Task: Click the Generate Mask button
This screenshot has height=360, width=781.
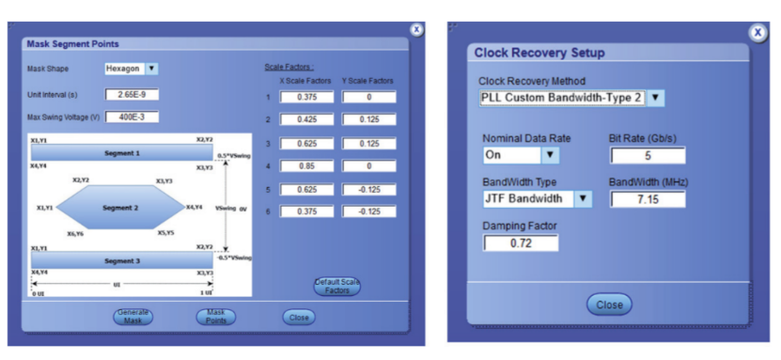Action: click(133, 317)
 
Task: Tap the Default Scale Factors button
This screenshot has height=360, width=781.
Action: click(337, 287)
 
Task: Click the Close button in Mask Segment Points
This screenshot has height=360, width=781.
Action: click(299, 317)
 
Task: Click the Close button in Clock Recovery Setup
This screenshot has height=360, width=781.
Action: click(609, 305)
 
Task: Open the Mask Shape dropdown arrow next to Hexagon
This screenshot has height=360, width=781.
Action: click(151, 69)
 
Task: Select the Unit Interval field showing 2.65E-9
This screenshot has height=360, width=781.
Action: click(132, 95)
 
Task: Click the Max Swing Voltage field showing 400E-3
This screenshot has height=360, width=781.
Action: click(132, 117)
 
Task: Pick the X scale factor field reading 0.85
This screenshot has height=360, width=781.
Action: click(306, 165)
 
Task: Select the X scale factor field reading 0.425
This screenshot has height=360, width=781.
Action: click(306, 119)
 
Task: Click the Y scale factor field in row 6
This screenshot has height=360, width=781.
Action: click(369, 211)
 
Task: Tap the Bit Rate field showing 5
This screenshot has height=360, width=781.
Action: click(648, 155)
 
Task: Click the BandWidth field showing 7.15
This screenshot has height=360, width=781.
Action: click(648, 199)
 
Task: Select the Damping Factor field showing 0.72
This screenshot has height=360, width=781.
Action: click(521, 243)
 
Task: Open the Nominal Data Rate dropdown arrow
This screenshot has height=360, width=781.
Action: click(550, 155)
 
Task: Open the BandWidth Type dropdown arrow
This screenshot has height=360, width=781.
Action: click(584, 198)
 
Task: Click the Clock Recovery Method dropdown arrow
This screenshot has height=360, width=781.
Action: click(655, 98)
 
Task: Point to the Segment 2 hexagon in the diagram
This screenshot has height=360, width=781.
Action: click(120, 207)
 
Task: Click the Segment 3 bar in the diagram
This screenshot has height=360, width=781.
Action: click(122, 260)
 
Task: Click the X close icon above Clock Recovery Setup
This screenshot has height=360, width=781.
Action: click(758, 33)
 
